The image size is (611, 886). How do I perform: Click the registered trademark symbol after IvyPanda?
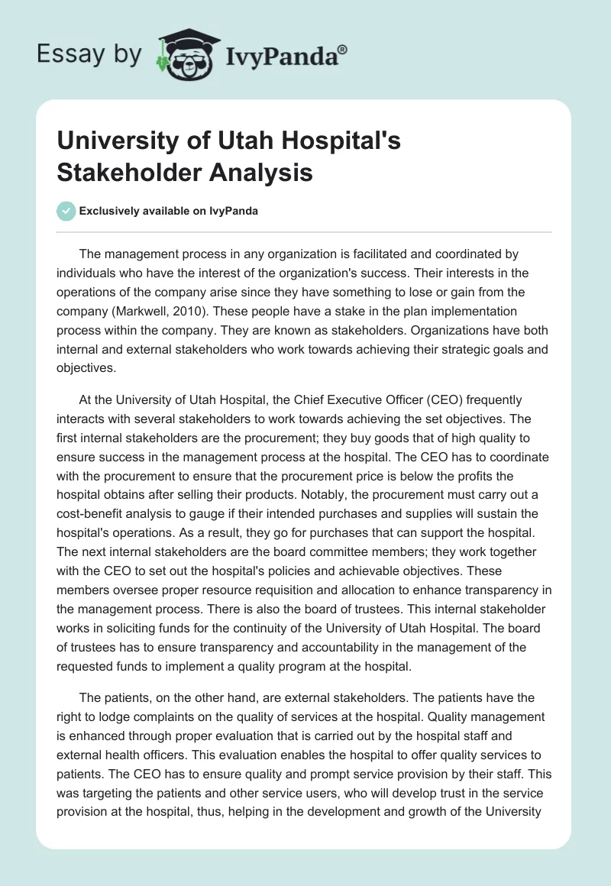(343, 49)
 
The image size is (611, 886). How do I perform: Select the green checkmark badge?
(66, 211)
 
